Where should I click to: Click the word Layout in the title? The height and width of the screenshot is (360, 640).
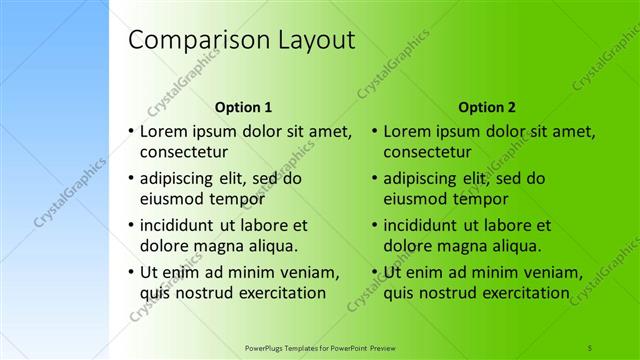[x=310, y=41]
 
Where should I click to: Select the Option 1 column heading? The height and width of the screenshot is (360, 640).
[x=243, y=106]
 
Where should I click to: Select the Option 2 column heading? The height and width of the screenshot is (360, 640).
[x=487, y=106]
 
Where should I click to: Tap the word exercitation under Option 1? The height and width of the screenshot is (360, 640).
[x=270, y=293]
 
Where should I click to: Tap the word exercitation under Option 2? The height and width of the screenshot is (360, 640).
[x=514, y=293]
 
